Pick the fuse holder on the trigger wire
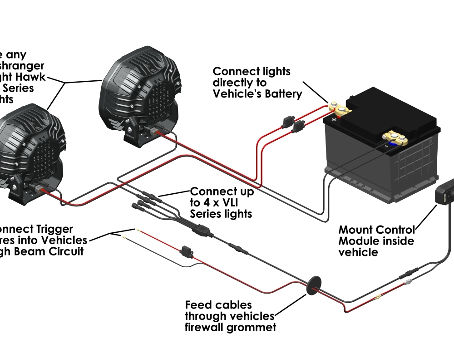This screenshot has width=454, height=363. tap(185, 251)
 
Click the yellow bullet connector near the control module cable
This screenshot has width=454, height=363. tap(377, 299)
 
